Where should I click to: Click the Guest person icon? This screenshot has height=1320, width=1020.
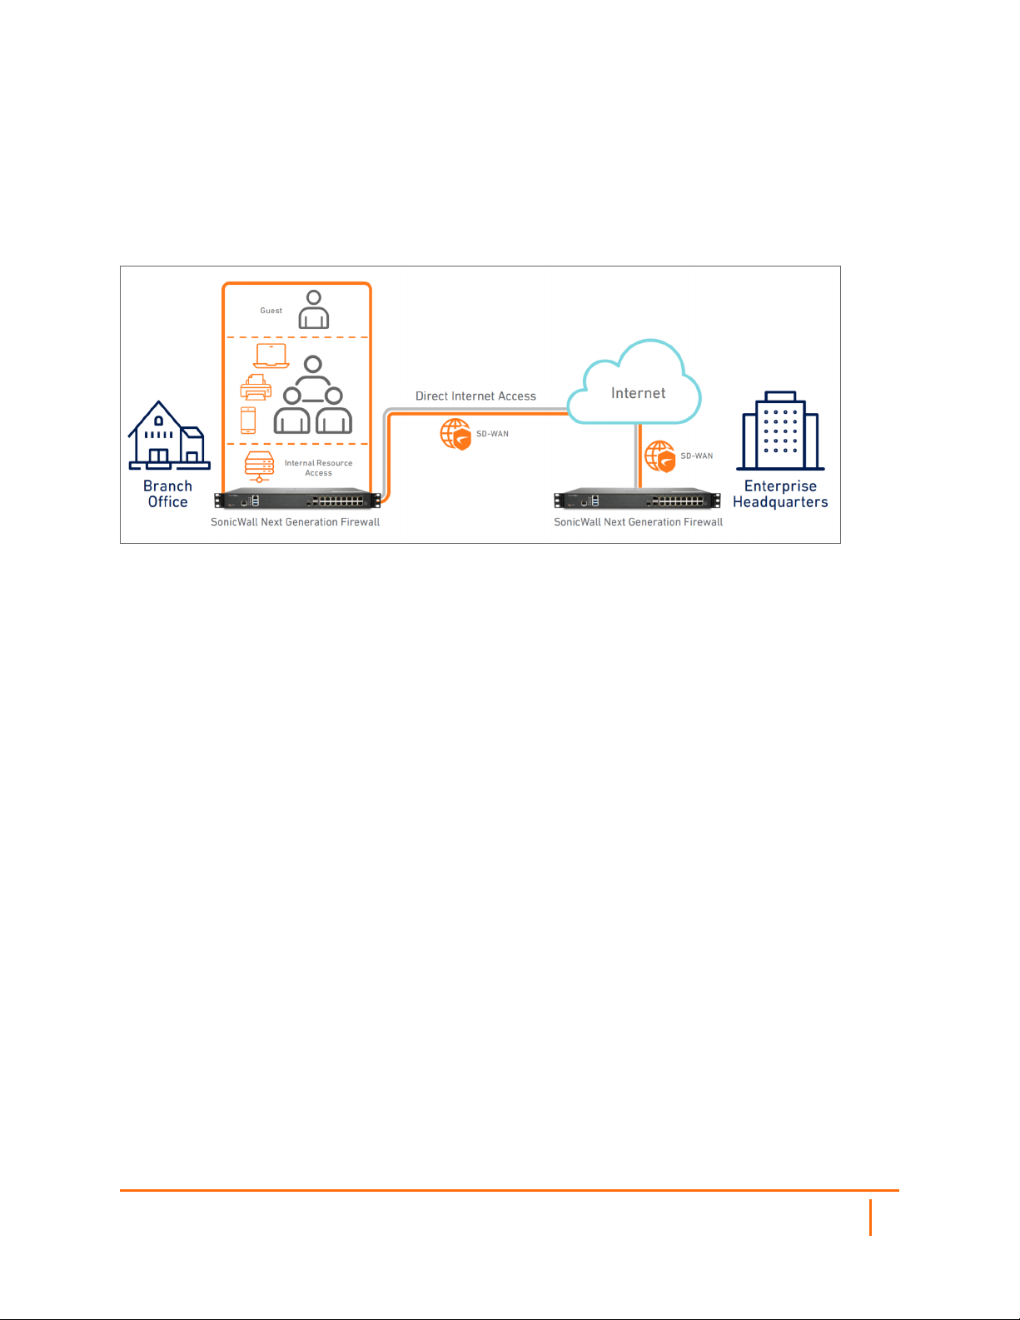[x=314, y=310]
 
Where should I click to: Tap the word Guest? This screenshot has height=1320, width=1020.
[x=271, y=311]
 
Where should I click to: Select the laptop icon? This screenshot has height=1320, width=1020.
[x=271, y=356]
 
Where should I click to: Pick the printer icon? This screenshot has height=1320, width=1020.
[x=256, y=388]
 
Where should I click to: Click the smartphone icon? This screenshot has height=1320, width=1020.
[x=248, y=420]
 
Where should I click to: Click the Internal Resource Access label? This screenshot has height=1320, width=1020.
[x=318, y=468]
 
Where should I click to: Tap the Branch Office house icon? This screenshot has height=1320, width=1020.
[x=168, y=436]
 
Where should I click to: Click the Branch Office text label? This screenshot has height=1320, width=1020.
[x=167, y=494]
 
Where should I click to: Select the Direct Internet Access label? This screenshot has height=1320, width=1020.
[x=475, y=396]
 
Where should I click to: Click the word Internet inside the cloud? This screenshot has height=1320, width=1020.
[x=638, y=393]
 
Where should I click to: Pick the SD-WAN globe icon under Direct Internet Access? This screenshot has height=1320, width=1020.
[x=455, y=435]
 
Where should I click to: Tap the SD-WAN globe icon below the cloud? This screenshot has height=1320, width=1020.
[x=659, y=456]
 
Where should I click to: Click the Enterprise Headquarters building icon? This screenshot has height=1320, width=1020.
[x=780, y=431]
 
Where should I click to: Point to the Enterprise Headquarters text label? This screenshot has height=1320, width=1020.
[x=780, y=494]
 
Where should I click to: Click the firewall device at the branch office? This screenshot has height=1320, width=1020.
[x=297, y=501]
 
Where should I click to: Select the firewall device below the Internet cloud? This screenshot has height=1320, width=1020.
[x=637, y=501]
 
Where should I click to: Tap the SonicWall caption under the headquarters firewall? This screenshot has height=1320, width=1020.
[x=638, y=522]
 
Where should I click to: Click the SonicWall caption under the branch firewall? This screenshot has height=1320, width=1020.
[x=295, y=522]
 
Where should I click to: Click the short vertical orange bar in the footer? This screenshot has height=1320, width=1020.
[x=871, y=1218]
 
